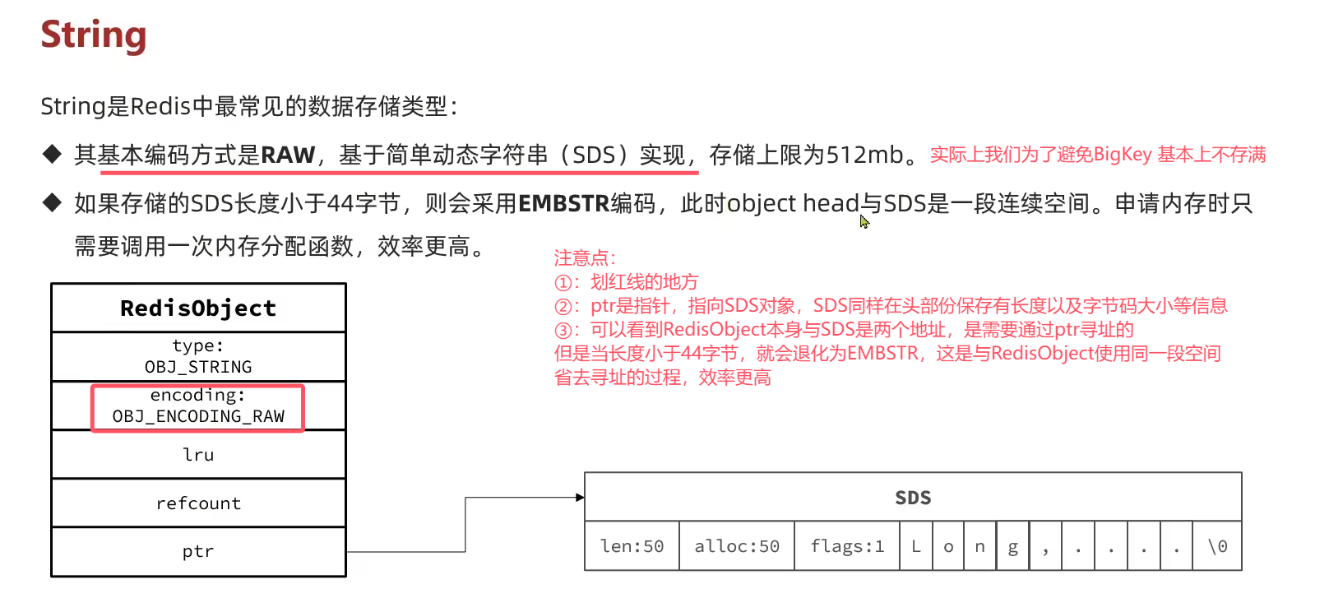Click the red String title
coord(93,35)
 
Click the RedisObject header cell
coord(198,308)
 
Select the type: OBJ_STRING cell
coord(198,356)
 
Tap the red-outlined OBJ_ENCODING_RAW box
coord(197,408)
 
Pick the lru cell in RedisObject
coord(198,455)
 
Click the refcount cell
coord(198,503)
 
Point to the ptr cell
coord(198,552)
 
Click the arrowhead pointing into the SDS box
coord(581,498)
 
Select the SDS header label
coord(913,498)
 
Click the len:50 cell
coord(632,546)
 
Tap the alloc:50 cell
coord(737,546)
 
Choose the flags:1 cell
coord(847,546)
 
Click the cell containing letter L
coord(916,546)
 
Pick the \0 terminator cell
coord(1217,546)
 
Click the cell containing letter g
coord(1013,546)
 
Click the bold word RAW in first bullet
coord(288,155)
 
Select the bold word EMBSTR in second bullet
coord(563,204)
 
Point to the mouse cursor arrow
coord(864,221)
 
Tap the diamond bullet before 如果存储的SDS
coord(52,202)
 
